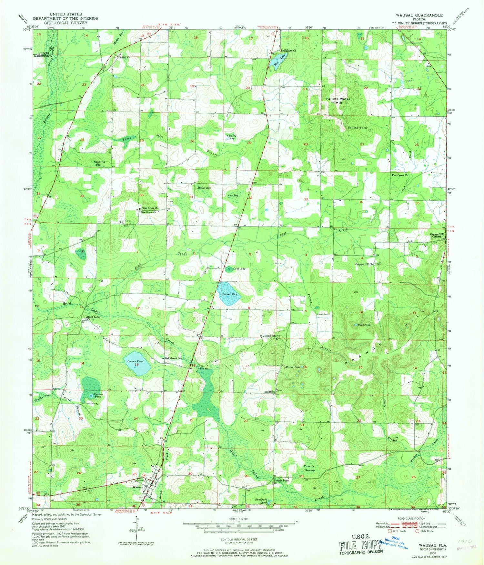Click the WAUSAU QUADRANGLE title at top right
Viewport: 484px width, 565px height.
click(x=419, y=15)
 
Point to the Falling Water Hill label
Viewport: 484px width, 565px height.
click(x=338, y=101)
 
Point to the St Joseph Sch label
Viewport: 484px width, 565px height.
click(x=267, y=336)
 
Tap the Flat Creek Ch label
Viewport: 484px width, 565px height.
click(x=400, y=175)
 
